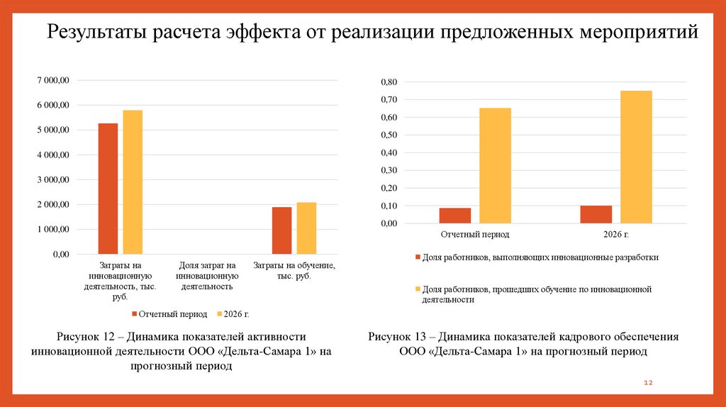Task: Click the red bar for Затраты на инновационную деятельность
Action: pos(108,189)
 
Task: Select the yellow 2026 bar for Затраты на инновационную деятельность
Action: pos(133,182)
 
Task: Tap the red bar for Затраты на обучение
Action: pos(281,230)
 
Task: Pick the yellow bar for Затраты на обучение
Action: pos(306,228)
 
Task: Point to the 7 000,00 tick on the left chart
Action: pos(53,81)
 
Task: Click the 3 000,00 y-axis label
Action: pos(53,180)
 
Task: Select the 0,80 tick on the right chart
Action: pos(390,82)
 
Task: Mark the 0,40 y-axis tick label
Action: pos(390,153)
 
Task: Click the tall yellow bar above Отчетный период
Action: pos(495,166)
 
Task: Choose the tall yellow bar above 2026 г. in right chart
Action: pos(636,157)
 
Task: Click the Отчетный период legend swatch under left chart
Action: pos(134,313)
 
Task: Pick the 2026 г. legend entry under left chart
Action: pos(236,313)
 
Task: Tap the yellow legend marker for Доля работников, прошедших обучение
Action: pos(418,289)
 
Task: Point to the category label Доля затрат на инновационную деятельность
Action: pos(207,276)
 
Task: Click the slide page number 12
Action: pos(647,383)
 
